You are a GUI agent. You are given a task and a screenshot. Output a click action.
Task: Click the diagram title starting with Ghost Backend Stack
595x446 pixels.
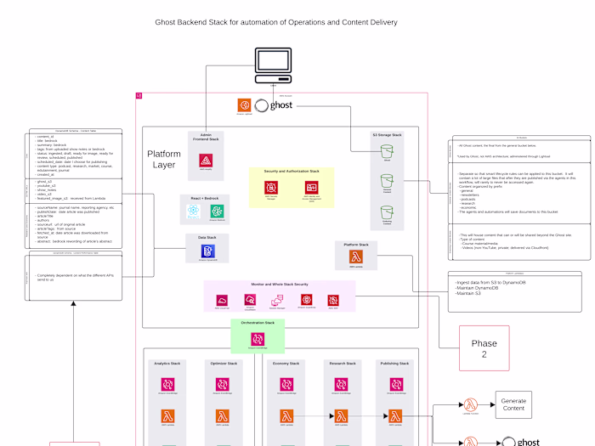point(275,22)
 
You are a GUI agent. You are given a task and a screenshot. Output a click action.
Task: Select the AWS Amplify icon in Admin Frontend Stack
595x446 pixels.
point(206,161)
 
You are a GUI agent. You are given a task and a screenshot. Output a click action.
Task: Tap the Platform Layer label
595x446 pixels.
point(164,159)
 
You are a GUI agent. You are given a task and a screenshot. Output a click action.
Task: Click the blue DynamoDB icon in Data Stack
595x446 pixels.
point(207,251)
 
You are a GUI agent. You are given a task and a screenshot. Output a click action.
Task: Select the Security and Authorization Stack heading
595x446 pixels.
point(291,172)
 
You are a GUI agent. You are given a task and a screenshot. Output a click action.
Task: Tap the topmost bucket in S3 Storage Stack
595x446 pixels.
point(388,150)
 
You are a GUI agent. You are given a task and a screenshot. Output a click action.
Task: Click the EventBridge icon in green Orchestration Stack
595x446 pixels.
point(257,338)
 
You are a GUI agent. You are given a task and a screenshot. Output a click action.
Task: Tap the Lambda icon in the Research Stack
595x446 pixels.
point(342,416)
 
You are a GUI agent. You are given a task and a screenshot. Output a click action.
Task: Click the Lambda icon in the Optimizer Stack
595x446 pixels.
point(221,416)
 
